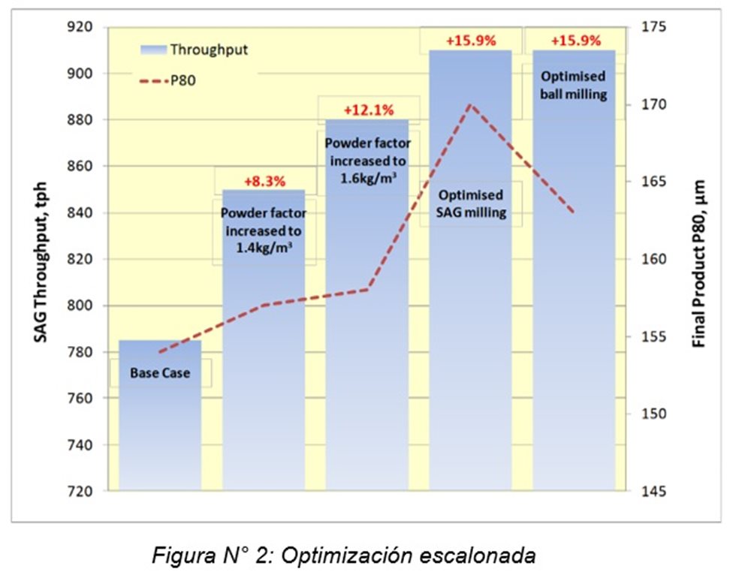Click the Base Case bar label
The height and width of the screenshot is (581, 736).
point(160,372)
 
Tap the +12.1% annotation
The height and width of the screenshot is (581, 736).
point(368,110)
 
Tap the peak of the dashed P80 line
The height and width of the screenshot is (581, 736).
point(470,104)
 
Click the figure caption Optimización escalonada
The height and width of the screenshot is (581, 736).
point(344,556)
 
